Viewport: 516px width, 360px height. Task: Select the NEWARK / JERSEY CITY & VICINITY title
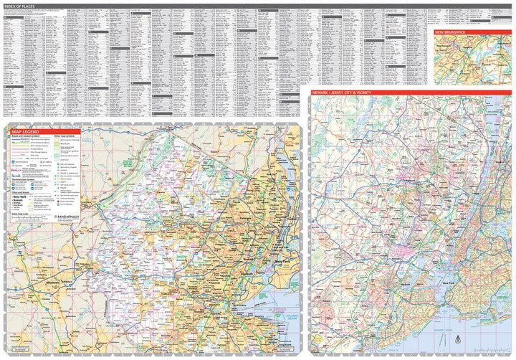tap(343, 94)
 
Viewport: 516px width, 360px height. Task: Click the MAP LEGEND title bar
tap(22, 132)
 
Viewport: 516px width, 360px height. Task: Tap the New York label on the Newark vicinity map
tap(449, 285)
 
